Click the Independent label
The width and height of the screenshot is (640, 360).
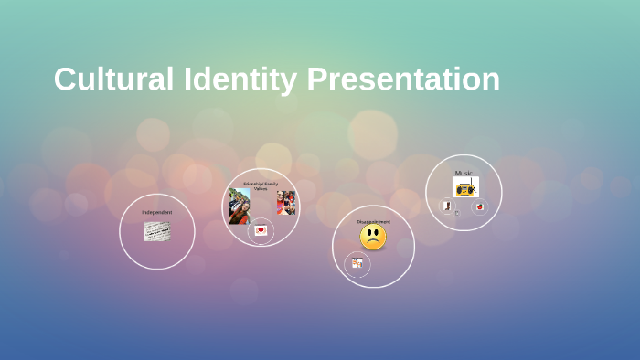(x=156, y=212)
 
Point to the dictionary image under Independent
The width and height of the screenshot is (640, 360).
(x=156, y=231)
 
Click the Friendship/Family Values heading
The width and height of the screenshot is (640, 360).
(x=261, y=185)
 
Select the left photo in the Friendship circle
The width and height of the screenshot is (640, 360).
(x=240, y=206)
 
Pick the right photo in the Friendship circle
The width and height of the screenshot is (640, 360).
(x=286, y=203)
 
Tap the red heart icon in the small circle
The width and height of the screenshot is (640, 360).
(x=261, y=230)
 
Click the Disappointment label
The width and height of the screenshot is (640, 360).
(x=373, y=221)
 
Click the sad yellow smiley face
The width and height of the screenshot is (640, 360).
(x=373, y=238)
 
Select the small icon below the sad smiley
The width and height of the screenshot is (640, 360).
(x=357, y=263)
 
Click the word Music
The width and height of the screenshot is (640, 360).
(x=464, y=173)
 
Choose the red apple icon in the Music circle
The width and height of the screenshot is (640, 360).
(x=480, y=207)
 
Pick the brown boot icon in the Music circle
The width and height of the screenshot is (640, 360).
(x=447, y=206)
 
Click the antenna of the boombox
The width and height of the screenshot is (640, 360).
(x=472, y=181)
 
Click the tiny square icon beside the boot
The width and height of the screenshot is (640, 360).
(x=456, y=213)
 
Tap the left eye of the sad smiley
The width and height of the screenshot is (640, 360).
(x=368, y=233)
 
